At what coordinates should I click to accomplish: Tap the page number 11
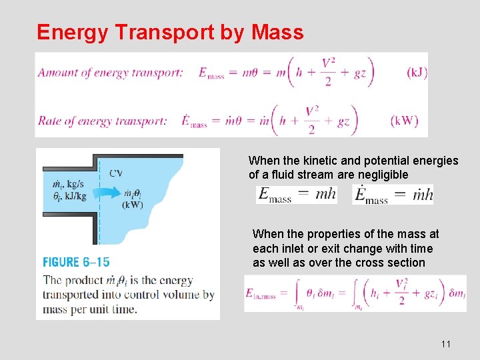[x=446, y=344]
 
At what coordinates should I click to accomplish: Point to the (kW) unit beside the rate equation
[x=404, y=121]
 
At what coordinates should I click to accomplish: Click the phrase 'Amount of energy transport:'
[x=110, y=73]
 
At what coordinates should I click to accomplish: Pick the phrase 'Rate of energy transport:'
[x=102, y=121]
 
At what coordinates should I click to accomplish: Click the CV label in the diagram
[x=117, y=173]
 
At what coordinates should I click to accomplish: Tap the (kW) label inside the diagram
[x=133, y=205]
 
